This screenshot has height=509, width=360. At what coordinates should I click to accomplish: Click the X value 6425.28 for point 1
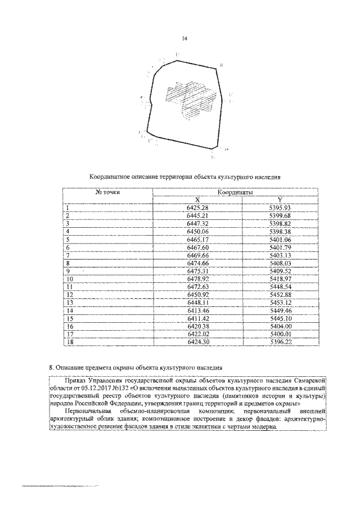pyautogui.click(x=197, y=208)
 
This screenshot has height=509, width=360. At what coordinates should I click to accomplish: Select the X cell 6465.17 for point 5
pyautogui.click(x=197, y=239)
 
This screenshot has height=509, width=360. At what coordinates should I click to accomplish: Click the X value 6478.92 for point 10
pyautogui.click(x=197, y=278)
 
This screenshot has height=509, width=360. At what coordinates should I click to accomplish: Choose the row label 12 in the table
pyautogui.click(x=70, y=294)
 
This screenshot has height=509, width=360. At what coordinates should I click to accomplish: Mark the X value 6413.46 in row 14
pyautogui.click(x=197, y=310)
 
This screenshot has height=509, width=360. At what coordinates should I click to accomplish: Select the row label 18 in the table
pyautogui.click(x=70, y=341)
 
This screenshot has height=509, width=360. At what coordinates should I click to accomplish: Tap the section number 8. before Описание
pyautogui.click(x=52, y=368)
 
